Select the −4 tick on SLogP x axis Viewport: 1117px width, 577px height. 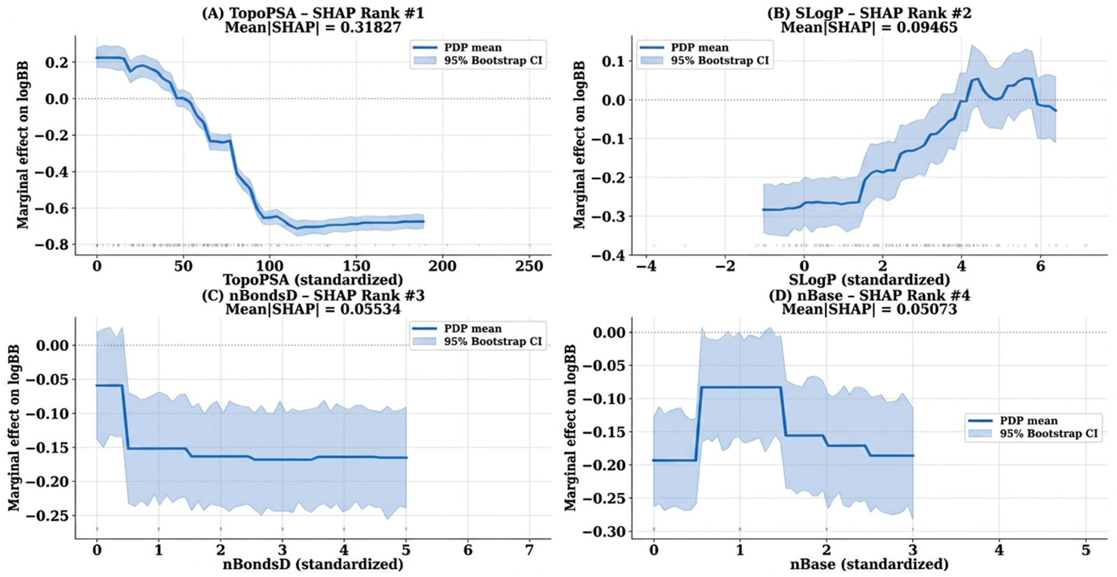click(646, 266)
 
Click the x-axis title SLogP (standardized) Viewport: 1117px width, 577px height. click(869, 280)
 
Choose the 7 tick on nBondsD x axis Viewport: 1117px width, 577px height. click(529, 550)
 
